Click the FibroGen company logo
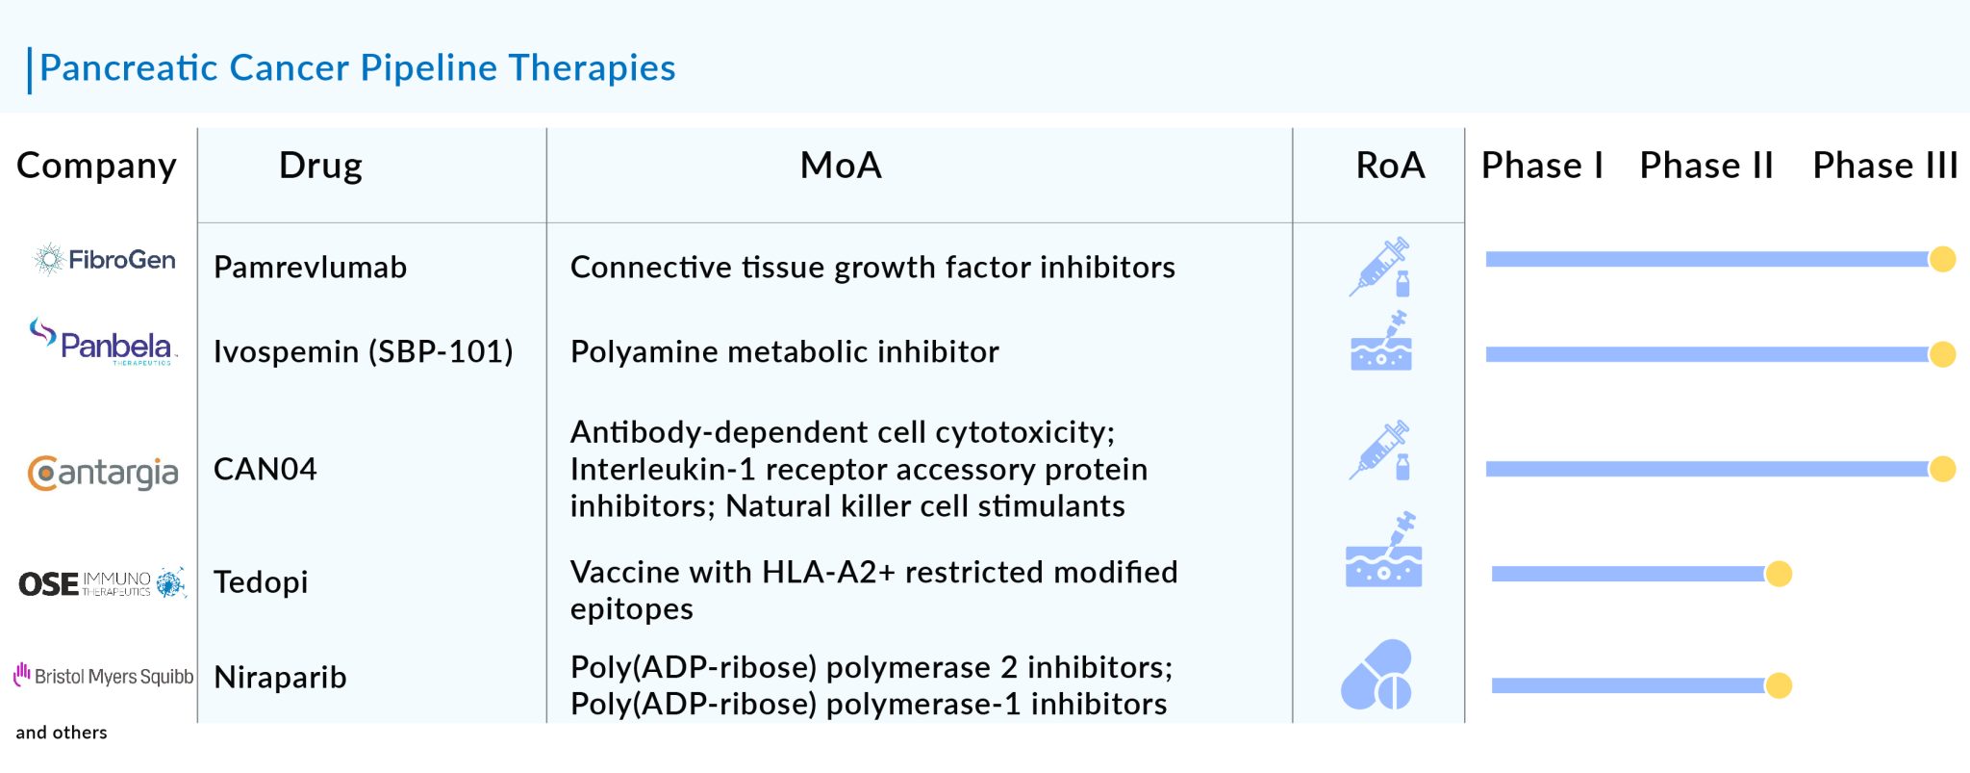pos(104,260)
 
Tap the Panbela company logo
pos(103,343)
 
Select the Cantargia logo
pos(103,473)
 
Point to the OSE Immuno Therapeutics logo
pos(102,583)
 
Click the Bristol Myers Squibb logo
pos(103,676)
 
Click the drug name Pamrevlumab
pos(310,268)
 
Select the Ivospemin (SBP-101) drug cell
pos(363,352)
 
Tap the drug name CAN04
pos(265,470)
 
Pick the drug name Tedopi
pos(261,582)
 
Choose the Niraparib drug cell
pos(280,678)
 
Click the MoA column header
pos(840,166)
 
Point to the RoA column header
pos(1390,166)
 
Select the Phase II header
pos(1705,166)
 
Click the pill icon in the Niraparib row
pos(1376,675)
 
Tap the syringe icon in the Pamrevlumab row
pos(1380,267)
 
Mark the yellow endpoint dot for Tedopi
pos(1779,574)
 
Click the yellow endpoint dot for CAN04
pos(1942,469)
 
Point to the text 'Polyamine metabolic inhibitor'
pos(784,352)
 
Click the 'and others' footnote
pos(62,733)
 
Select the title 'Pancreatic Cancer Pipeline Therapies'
pos(357,68)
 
